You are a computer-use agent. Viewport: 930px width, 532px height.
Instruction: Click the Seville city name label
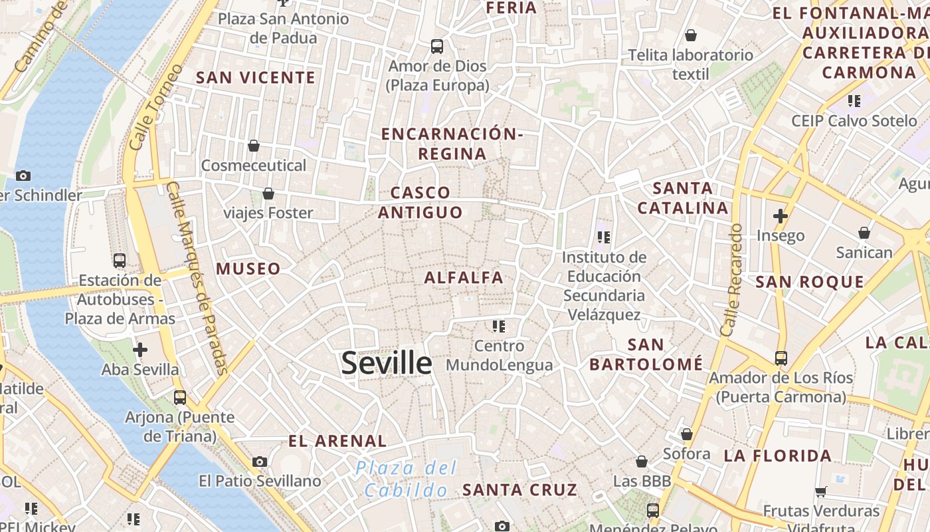(x=387, y=363)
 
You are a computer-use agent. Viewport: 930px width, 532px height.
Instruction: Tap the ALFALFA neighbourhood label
(x=464, y=277)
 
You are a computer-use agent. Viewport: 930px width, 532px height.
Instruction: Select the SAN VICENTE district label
(x=256, y=78)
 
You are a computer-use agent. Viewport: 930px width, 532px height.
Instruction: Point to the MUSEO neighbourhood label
(x=248, y=269)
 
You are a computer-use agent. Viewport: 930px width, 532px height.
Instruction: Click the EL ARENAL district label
(x=337, y=441)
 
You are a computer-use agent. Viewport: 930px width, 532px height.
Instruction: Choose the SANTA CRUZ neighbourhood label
(x=519, y=490)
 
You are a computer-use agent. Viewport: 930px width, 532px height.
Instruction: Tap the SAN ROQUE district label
(x=810, y=282)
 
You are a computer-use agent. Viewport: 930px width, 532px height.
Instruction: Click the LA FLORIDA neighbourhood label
(x=777, y=456)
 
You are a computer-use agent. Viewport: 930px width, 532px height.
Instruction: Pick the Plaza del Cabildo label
(x=406, y=479)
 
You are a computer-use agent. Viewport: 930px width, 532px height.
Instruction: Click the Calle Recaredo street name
(x=731, y=279)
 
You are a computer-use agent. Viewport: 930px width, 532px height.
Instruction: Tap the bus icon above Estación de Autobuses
(x=120, y=261)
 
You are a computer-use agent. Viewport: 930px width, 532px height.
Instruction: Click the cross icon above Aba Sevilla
(x=139, y=349)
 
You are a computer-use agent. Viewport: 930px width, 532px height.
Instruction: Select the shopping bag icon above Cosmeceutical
(x=253, y=146)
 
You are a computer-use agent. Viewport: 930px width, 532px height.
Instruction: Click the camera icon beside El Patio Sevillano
(x=260, y=462)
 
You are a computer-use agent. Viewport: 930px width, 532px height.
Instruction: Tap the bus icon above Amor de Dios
(x=436, y=47)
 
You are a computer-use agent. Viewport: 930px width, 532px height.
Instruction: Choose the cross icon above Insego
(x=780, y=216)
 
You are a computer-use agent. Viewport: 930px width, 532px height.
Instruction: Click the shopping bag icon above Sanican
(x=864, y=233)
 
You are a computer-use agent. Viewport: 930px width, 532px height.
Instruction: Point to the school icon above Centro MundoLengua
(x=499, y=326)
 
